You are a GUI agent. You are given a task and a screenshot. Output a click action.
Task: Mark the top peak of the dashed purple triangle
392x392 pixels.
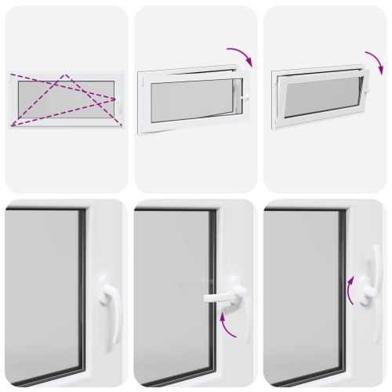point(67,76)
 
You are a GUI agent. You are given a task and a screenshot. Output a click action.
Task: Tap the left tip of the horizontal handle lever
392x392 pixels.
point(205,298)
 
